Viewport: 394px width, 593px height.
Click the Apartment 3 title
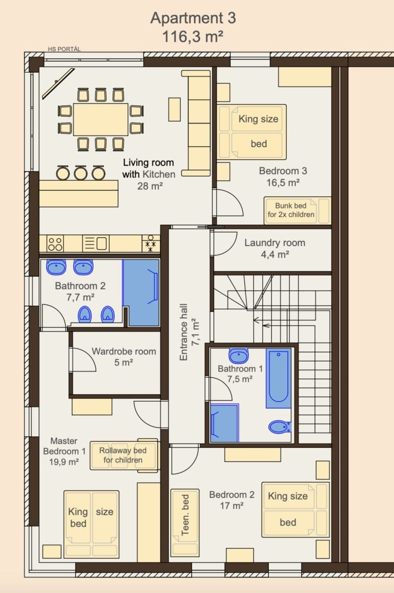[193, 18]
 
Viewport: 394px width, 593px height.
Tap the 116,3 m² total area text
[193, 37]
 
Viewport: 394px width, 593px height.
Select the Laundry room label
[275, 243]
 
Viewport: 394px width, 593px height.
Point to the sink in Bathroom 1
[239, 355]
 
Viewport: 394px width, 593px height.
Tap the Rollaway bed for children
[124, 455]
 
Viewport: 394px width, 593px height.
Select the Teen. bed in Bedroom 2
[185, 521]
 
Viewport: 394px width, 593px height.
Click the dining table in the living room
[101, 119]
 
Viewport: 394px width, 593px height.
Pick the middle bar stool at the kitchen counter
[80, 172]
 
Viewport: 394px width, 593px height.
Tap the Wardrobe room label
[123, 352]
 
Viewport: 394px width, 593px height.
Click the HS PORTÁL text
[64, 49]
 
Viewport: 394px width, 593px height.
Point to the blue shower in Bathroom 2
[141, 293]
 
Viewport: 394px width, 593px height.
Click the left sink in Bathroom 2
[57, 267]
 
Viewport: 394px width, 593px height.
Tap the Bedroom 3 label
[283, 171]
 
